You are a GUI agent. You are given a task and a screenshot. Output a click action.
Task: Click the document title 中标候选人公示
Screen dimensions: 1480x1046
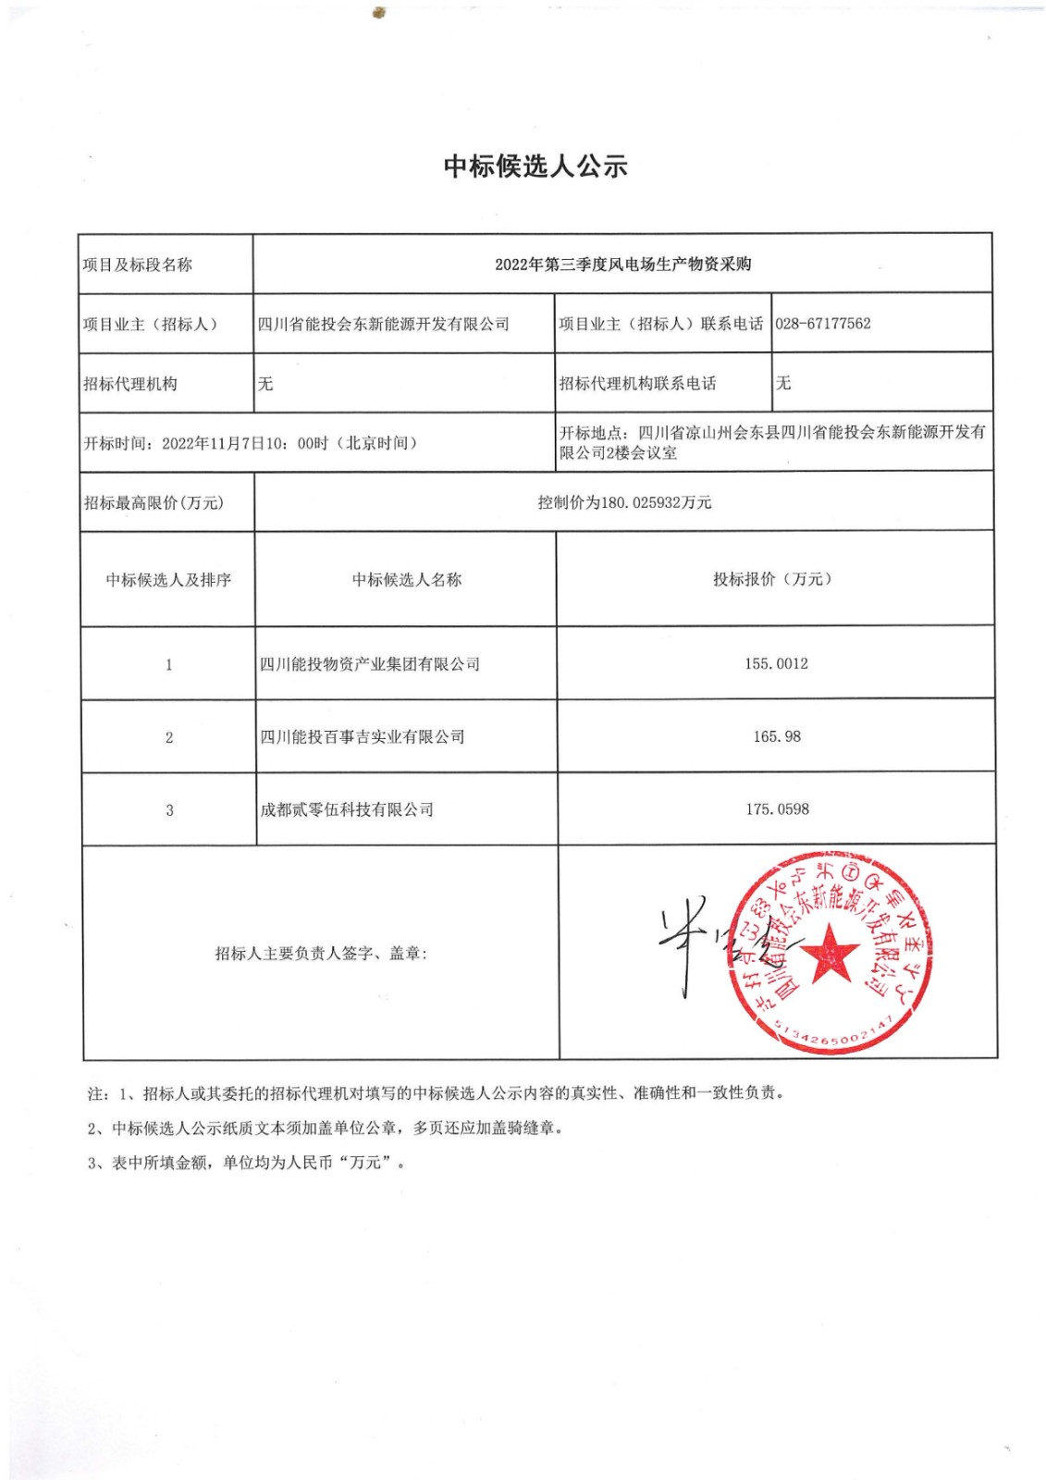tap(535, 166)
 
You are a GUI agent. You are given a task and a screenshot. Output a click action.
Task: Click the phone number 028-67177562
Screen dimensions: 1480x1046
tap(822, 324)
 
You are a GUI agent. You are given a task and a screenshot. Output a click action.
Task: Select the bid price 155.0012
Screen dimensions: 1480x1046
tap(776, 664)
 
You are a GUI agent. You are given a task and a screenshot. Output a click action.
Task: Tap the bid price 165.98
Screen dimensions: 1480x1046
tap(777, 737)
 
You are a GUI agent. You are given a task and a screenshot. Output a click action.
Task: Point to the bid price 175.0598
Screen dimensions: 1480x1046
tap(777, 809)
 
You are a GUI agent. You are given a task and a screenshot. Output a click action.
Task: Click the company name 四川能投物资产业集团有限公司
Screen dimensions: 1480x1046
tap(370, 664)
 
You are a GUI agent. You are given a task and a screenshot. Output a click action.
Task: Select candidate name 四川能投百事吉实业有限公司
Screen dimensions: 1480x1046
tap(363, 737)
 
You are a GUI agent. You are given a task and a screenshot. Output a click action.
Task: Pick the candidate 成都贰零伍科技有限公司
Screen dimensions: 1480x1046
tap(347, 810)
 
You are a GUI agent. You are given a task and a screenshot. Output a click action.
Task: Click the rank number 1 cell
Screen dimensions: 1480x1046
tap(168, 665)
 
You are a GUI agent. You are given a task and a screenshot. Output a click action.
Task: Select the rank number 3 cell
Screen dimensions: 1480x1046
tap(169, 810)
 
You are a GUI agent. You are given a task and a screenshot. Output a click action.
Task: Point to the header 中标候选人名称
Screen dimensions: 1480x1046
tap(407, 580)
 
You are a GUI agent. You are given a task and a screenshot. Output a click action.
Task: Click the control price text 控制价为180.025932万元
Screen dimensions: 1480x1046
tap(624, 502)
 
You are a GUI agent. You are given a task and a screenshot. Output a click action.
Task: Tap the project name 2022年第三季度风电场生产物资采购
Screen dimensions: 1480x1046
tap(622, 265)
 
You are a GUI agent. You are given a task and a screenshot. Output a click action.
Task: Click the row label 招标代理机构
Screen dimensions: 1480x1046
tap(130, 384)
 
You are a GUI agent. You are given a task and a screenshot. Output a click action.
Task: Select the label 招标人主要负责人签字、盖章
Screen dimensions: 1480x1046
tap(321, 954)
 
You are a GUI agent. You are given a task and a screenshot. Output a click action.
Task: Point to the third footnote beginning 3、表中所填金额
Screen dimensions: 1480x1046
tap(247, 1163)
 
